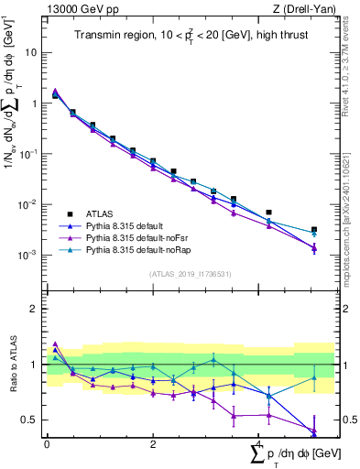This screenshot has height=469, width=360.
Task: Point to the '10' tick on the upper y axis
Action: coord(31,52)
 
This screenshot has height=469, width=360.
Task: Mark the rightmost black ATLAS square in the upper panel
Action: coord(314,230)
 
